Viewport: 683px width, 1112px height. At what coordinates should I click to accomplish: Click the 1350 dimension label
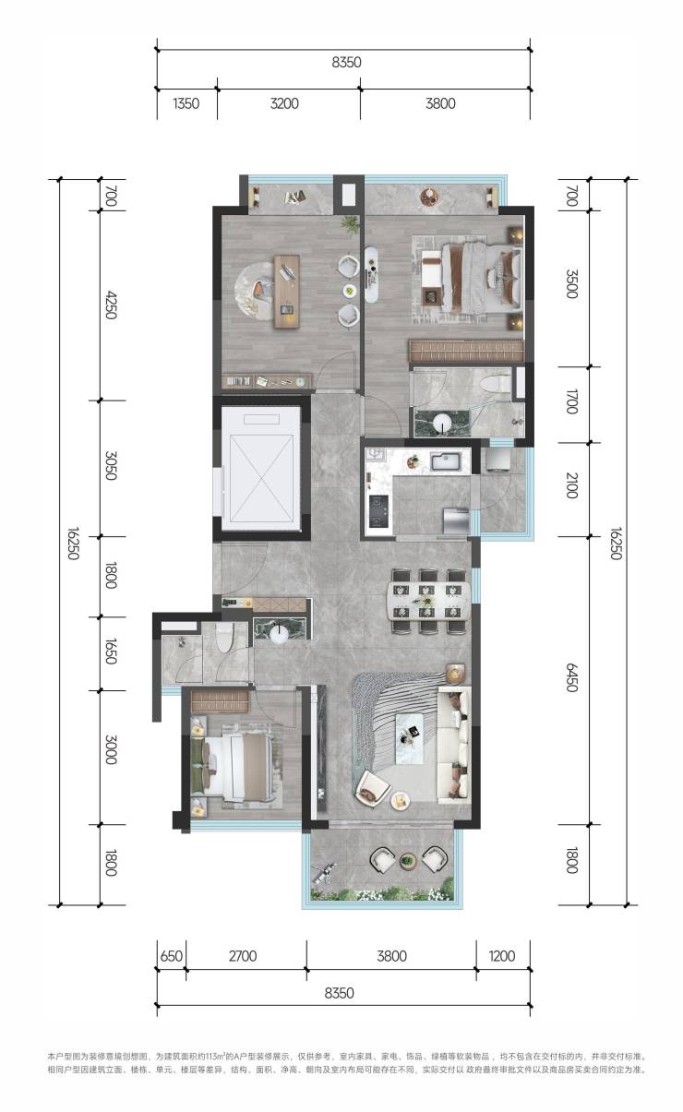click(x=186, y=103)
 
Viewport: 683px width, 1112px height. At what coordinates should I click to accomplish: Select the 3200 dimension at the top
click(x=284, y=103)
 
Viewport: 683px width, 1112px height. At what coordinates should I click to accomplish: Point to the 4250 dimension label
click(x=111, y=305)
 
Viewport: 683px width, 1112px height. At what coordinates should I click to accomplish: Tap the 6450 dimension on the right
click(x=571, y=677)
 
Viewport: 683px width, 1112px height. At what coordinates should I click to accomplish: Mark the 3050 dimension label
click(x=111, y=466)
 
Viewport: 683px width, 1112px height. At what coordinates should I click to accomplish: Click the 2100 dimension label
click(x=571, y=485)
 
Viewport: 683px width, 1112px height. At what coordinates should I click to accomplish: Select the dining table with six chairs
click(x=428, y=602)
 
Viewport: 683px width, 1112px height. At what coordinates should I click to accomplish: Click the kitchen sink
click(x=449, y=461)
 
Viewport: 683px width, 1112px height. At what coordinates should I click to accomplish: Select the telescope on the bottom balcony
click(x=324, y=872)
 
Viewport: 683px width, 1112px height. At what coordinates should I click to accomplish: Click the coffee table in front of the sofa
click(x=410, y=738)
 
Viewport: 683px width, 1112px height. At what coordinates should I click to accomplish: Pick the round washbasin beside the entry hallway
click(x=279, y=634)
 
